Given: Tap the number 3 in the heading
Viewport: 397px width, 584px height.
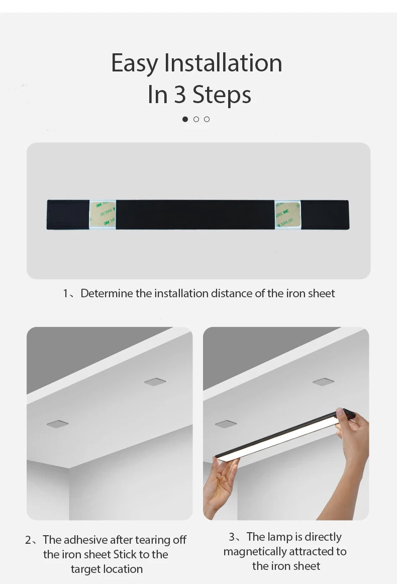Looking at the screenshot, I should [180, 95].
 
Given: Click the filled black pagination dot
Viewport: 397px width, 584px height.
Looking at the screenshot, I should [185, 119].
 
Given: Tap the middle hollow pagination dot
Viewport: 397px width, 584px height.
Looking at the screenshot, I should [196, 119].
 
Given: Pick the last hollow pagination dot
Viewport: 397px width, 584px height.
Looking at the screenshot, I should [207, 119].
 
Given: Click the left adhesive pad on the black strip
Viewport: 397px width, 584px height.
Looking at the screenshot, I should [103, 215].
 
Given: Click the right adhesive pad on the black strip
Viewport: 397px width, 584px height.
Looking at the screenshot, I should [287, 215].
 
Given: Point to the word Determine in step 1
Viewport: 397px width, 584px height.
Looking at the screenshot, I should [107, 293].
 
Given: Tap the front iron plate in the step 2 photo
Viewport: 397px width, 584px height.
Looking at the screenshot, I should [57, 424].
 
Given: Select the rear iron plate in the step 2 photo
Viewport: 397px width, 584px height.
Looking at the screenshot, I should [155, 382].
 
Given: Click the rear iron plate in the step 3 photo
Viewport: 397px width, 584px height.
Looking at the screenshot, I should [323, 382].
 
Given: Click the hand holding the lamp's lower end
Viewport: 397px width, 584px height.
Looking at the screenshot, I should [221, 483].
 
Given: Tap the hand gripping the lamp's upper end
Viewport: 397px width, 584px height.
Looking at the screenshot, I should [354, 433].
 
